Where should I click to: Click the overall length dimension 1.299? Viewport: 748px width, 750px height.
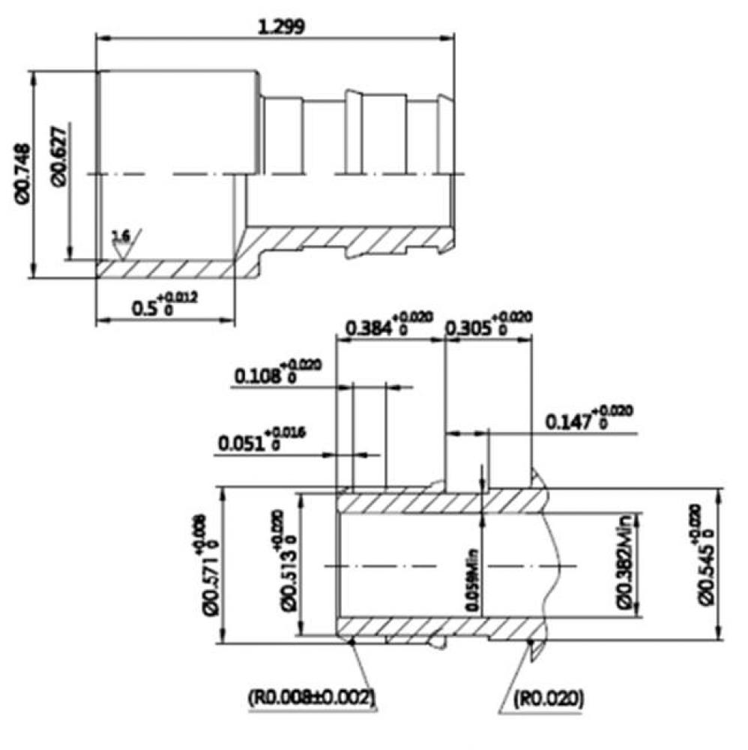point(281,26)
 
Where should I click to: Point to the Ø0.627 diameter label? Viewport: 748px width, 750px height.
point(60,156)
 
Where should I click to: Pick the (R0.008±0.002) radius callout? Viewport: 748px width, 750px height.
point(311,697)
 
